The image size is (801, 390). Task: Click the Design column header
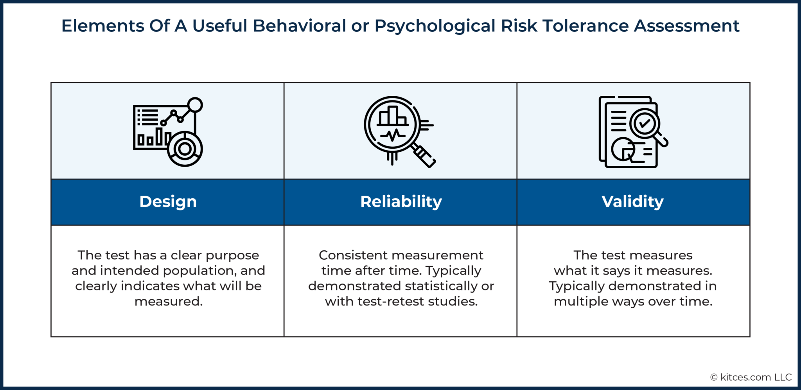point(168,202)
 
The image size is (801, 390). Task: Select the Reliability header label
point(401,202)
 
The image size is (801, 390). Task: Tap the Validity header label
point(632,202)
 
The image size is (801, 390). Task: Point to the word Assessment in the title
point(686,26)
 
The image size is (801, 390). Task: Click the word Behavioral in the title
point(299,26)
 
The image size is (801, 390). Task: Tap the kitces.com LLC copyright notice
point(751,377)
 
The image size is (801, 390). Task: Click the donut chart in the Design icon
point(185,149)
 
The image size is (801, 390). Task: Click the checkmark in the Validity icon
point(644,124)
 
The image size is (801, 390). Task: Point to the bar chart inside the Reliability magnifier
point(393,117)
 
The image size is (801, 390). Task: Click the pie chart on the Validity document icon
point(623,149)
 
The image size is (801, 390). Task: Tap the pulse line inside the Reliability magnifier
point(393,135)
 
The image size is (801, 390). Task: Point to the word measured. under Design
point(168,302)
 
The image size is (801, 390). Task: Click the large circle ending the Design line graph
point(195,105)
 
